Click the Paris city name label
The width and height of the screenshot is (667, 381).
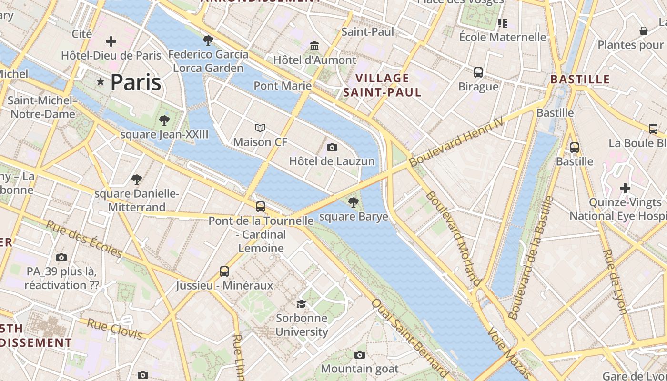click(136, 82)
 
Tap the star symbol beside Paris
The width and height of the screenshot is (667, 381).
click(100, 82)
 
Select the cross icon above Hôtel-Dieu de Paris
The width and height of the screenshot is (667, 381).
click(111, 41)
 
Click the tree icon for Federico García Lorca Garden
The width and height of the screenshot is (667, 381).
click(208, 40)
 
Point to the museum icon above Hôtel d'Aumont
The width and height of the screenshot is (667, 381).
click(314, 46)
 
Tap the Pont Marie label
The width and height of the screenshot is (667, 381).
click(283, 86)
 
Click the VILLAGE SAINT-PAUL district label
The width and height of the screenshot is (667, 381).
click(382, 85)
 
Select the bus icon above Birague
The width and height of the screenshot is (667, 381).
click(478, 72)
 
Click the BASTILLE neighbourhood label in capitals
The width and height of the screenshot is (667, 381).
click(580, 79)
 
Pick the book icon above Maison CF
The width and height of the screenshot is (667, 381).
click(260, 128)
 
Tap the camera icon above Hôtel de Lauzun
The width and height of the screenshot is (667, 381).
click(332, 147)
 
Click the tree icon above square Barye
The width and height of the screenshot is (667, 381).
click(353, 202)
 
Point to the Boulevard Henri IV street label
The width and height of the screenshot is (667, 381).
click(456, 142)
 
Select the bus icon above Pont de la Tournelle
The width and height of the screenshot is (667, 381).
click(261, 207)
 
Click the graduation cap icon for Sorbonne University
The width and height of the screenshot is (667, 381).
click(302, 304)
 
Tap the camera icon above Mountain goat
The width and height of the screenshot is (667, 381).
click(360, 355)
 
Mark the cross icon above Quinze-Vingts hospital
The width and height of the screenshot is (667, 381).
click(625, 188)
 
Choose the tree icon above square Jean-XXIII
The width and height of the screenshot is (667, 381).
click(164, 120)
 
